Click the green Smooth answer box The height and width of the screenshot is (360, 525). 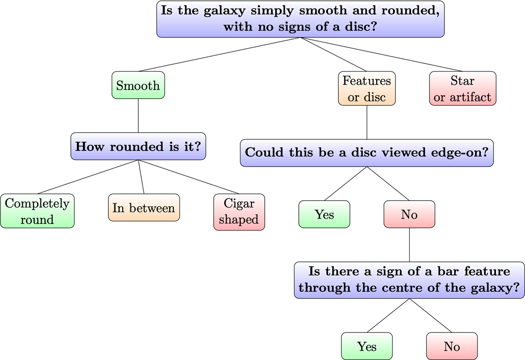[x=138, y=85]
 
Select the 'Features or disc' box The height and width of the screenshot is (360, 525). [x=367, y=88]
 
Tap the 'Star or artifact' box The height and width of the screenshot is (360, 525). [x=462, y=88]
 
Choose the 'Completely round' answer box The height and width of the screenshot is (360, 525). [x=37, y=211]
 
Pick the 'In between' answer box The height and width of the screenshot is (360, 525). [x=143, y=208]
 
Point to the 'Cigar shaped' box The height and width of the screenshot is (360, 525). [x=239, y=211]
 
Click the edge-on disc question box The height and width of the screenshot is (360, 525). [x=367, y=153]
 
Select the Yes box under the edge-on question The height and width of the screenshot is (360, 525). [x=324, y=214]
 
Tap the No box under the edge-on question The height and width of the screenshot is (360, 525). [x=409, y=214]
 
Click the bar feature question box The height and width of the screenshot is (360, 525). [x=409, y=280]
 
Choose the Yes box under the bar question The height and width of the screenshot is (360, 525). [x=367, y=346]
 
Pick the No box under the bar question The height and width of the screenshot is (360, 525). [x=451, y=346]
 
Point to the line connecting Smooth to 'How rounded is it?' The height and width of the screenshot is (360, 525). [x=138, y=116]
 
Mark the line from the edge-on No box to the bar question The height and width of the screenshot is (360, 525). [x=409, y=245]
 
